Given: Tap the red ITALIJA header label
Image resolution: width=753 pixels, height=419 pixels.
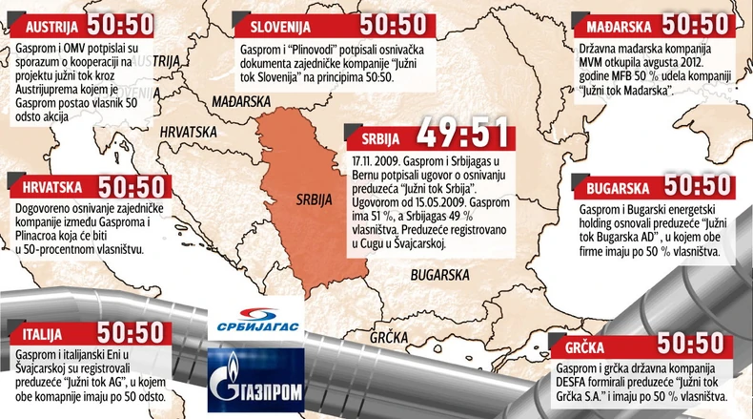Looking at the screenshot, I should pos(39,334).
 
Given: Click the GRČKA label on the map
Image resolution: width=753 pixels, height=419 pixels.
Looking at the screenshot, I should pos(389,337).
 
